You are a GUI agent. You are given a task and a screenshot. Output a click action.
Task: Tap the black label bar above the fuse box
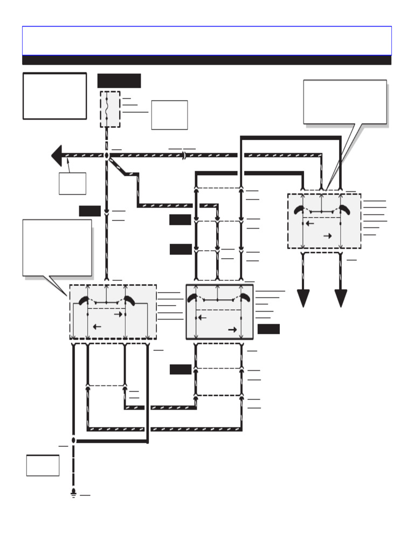(119, 81)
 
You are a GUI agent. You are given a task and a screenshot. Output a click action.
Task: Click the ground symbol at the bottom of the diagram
(73, 494)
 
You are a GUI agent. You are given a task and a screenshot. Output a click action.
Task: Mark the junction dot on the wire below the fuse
(107, 155)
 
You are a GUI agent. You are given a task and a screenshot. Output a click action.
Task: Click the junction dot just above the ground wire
(73, 440)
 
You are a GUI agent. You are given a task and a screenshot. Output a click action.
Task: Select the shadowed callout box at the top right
(345, 102)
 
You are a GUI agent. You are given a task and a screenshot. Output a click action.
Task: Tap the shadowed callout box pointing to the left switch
(57, 247)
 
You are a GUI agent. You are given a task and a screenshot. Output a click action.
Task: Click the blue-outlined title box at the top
(206, 40)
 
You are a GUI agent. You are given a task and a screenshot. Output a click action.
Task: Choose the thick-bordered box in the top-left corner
(54, 96)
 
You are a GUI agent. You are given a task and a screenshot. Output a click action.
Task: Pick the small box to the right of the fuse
(169, 115)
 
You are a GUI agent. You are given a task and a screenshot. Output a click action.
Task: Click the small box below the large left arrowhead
(72, 183)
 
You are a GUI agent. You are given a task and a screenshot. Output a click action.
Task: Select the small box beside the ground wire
(43, 465)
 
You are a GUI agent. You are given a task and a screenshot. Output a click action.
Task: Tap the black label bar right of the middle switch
(268, 329)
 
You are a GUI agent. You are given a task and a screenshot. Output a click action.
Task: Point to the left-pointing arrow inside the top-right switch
(309, 223)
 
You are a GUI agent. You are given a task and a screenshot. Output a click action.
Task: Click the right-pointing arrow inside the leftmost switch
(119, 315)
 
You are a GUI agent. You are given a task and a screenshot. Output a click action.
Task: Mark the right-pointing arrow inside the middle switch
(233, 329)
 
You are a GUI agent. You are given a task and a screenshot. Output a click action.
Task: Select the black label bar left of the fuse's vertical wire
(89, 211)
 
